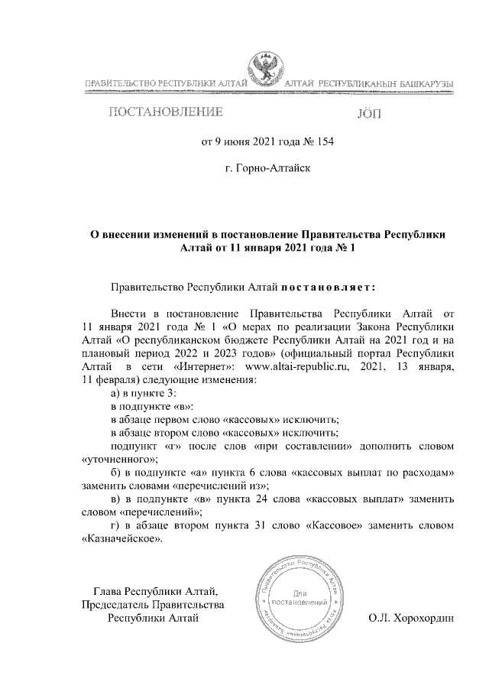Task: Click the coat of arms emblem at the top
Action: coord(264,71)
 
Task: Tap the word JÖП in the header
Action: coord(372,115)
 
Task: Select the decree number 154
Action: coord(325,141)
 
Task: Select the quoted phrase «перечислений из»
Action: coord(222,486)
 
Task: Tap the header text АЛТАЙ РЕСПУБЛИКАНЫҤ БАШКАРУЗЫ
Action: coord(369,83)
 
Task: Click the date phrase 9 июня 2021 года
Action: coord(249,141)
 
